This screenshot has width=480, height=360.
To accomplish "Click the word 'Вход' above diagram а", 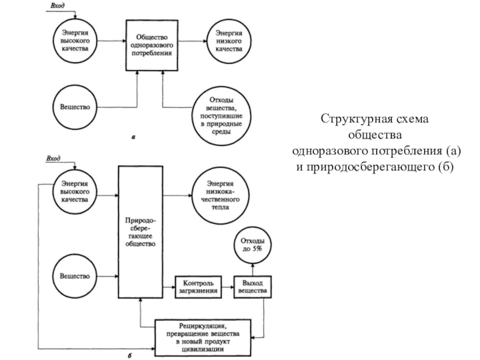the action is click(x=57, y=6).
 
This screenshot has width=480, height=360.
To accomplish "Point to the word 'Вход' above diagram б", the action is click(x=53, y=158).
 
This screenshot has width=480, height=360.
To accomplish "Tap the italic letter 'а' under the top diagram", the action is click(x=133, y=137).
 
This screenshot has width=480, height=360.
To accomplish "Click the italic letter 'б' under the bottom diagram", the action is click(x=130, y=356).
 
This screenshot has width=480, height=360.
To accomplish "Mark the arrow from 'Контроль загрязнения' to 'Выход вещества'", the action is click(x=228, y=287).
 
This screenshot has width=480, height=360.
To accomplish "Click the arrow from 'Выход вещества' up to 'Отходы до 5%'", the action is click(x=253, y=269).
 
